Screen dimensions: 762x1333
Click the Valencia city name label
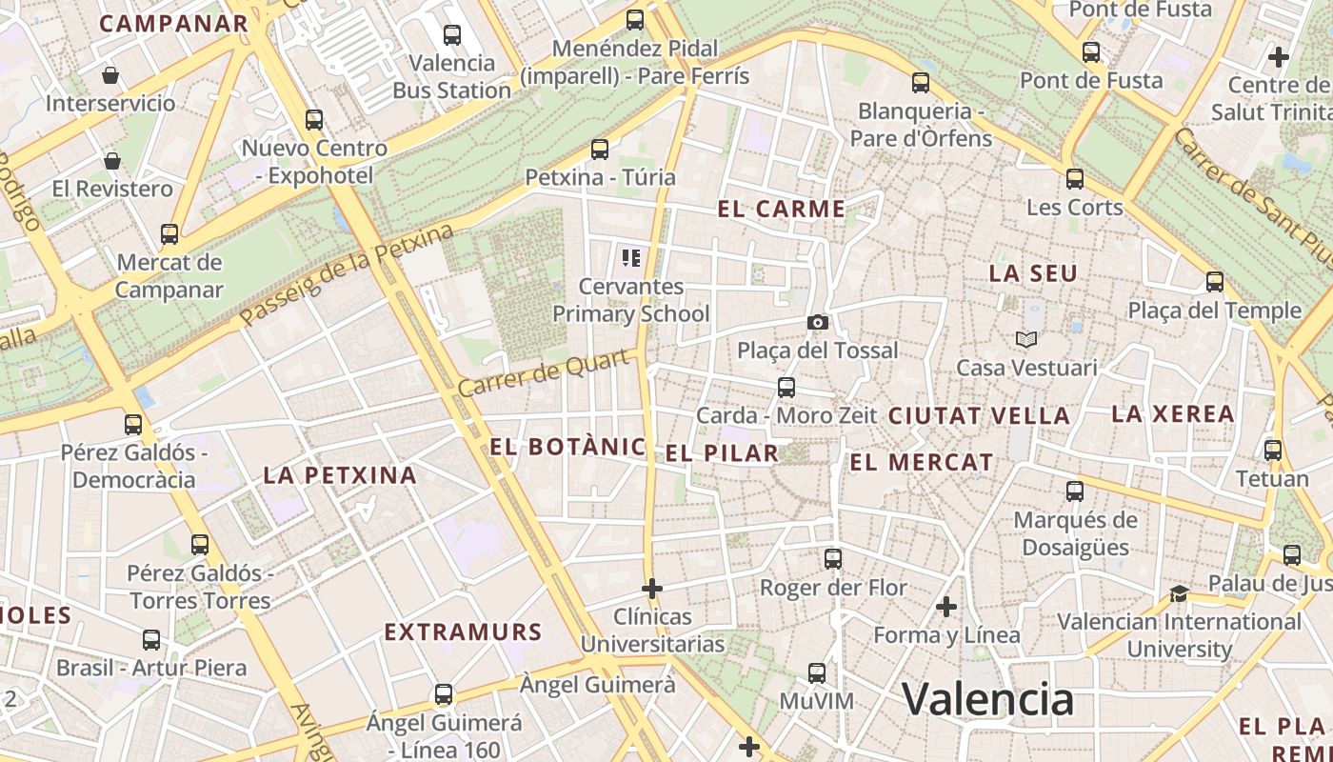987,700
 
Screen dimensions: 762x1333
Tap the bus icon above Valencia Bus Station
452,35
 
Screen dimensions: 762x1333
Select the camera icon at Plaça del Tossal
817,323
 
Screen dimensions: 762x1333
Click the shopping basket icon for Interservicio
110,75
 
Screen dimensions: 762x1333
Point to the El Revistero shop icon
112,161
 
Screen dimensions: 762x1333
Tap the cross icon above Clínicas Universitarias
652,589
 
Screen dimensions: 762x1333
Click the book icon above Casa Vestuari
1026,339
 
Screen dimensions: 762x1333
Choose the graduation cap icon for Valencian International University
1179,594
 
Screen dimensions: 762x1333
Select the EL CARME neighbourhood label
782,210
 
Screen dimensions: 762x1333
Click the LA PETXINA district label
340,475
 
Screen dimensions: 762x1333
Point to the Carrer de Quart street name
546,373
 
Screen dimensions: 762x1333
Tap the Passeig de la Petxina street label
348,275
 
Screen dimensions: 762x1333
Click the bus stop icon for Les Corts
1075,179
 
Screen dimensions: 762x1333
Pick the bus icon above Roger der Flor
833,559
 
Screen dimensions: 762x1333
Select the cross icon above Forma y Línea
946,607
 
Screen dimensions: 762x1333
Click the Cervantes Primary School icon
630,257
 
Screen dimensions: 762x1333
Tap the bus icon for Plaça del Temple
1214,282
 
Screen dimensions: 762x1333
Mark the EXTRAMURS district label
463,632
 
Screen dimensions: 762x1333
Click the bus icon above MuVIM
816,673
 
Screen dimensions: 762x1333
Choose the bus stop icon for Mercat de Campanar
169,234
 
